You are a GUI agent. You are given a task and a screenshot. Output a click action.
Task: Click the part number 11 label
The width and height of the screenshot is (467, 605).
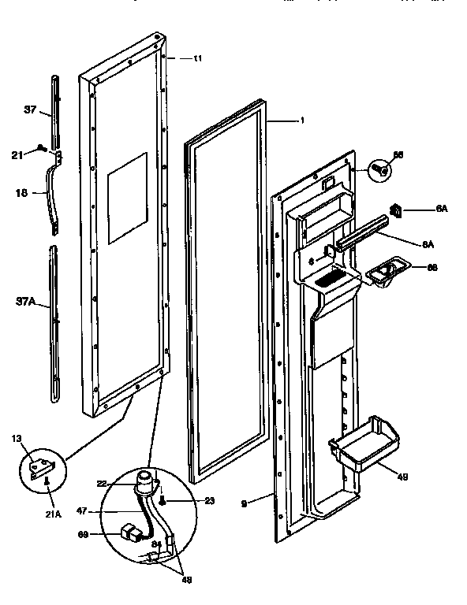point(197,58)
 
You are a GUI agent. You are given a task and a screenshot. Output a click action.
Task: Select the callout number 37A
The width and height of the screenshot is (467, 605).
point(24,300)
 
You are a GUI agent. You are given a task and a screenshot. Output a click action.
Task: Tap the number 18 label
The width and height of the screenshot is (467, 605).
point(22,191)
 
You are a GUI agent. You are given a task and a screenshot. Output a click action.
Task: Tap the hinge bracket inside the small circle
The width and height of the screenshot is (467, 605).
point(37,469)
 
